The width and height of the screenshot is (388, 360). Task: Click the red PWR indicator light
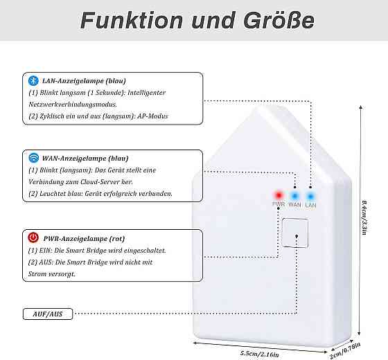click(279, 195)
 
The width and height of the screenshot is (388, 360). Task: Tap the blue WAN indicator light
click(294, 196)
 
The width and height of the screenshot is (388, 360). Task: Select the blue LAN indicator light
click(310, 197)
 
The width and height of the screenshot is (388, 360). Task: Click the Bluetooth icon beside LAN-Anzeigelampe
click(33, 81)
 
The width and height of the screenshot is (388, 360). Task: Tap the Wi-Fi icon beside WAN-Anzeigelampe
click(34, 158)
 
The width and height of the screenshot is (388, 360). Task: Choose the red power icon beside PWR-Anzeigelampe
click(33, 237)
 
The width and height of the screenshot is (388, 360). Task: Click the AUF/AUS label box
click(48, 314)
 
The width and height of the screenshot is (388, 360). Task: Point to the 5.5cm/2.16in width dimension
click(260, 354)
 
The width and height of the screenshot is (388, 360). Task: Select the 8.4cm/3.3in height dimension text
click(364, 217)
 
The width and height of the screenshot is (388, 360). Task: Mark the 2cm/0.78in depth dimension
click(345, 350)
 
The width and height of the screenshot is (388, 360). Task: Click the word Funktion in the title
click(132, 21)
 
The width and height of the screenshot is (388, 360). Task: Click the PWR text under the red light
click(279, 204)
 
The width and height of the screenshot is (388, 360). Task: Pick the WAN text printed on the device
click(294, 205)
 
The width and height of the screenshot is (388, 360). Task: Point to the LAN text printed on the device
click(310, 205)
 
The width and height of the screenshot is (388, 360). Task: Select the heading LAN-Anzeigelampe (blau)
click(84, 81)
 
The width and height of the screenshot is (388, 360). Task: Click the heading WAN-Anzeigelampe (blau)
click(85, 159)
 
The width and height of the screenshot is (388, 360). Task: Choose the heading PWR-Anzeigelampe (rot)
click(84, 239)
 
